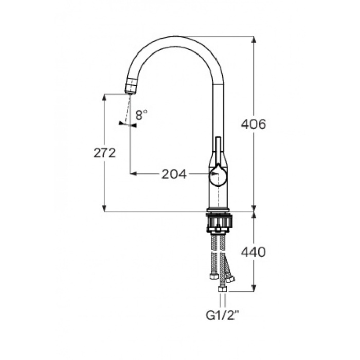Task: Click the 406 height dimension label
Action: (254, 124)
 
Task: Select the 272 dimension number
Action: (104, 153)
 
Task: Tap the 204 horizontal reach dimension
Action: (174, 174)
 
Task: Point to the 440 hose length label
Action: (254, 252)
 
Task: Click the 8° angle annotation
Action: (141, 115)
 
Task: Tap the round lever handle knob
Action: (218, 174)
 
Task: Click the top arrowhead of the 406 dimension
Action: (254, 40)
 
